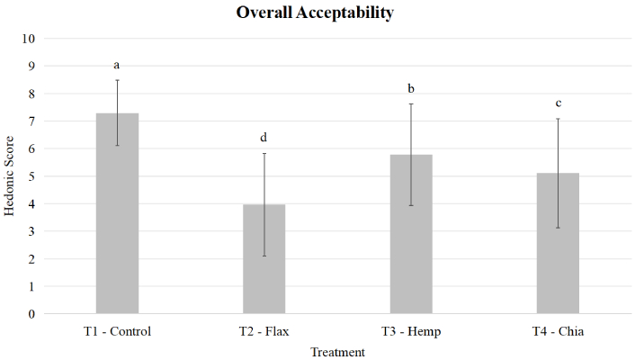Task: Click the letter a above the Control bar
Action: pos(117,65)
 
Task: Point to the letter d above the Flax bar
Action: pos(264,138)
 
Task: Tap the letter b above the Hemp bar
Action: pos(411,89)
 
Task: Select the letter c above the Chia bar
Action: pos(558,103)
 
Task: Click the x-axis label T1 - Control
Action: pos(117,331)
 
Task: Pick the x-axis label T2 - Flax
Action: pos(264,331)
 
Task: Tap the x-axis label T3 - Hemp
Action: pos(411,331)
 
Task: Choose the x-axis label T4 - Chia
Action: pos(558,331)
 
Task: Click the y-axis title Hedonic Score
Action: pos(10,176)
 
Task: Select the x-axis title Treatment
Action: pos(337,352)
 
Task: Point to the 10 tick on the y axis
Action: pos(28,39)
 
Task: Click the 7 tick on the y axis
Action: pos(31,121)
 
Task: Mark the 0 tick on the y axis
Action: pos(31,314)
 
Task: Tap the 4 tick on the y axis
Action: pos(31,204)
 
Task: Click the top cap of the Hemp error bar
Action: pos(411,103)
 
